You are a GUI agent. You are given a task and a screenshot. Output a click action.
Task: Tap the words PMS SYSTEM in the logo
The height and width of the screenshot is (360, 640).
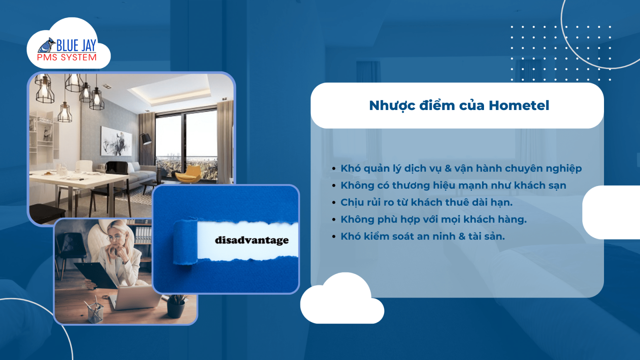click(67, 58)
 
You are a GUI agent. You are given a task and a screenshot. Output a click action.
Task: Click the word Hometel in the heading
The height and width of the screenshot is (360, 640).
click(519, 106)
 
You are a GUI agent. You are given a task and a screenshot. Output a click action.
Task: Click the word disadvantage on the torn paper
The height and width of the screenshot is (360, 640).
click(252, 240)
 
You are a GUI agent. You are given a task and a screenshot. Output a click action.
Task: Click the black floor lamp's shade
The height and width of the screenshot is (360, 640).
click(146, 139)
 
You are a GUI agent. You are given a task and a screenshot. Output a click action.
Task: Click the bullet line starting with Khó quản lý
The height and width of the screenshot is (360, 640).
click(461, 168)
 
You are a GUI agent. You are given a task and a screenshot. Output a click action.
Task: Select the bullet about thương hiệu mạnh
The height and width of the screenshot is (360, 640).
click(453, 186)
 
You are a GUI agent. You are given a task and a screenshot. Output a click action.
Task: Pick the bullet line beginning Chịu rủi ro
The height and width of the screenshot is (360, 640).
click(426, 202)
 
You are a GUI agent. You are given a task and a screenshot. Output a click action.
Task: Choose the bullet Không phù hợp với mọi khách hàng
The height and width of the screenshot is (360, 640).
click(434, 220)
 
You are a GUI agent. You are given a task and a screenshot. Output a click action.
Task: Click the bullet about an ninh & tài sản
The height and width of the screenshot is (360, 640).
click(422, 236)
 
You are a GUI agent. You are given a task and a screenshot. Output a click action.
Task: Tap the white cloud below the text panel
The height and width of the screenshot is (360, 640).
click(342, 302)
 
